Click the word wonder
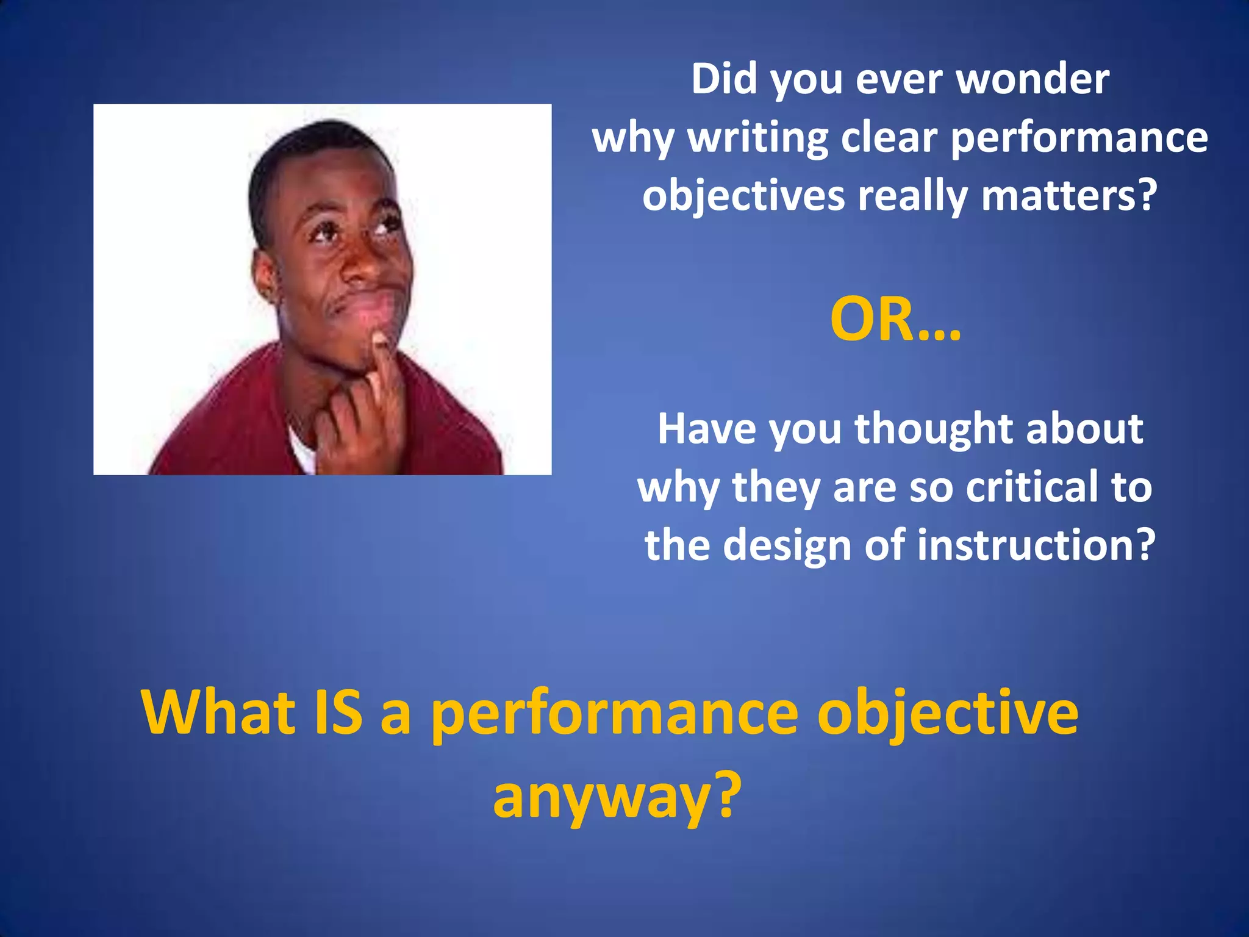pyautogui.click(x=1033, y=79)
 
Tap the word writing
pyautogui.click(x=758, y=138)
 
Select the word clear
pyautogui.click(x=889, y=138)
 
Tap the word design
pyautogui.click(x=787, y=545)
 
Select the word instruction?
pyautogui.click(x=1036, y=545)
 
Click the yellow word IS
pyautogui.click(x=337, y=713)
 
